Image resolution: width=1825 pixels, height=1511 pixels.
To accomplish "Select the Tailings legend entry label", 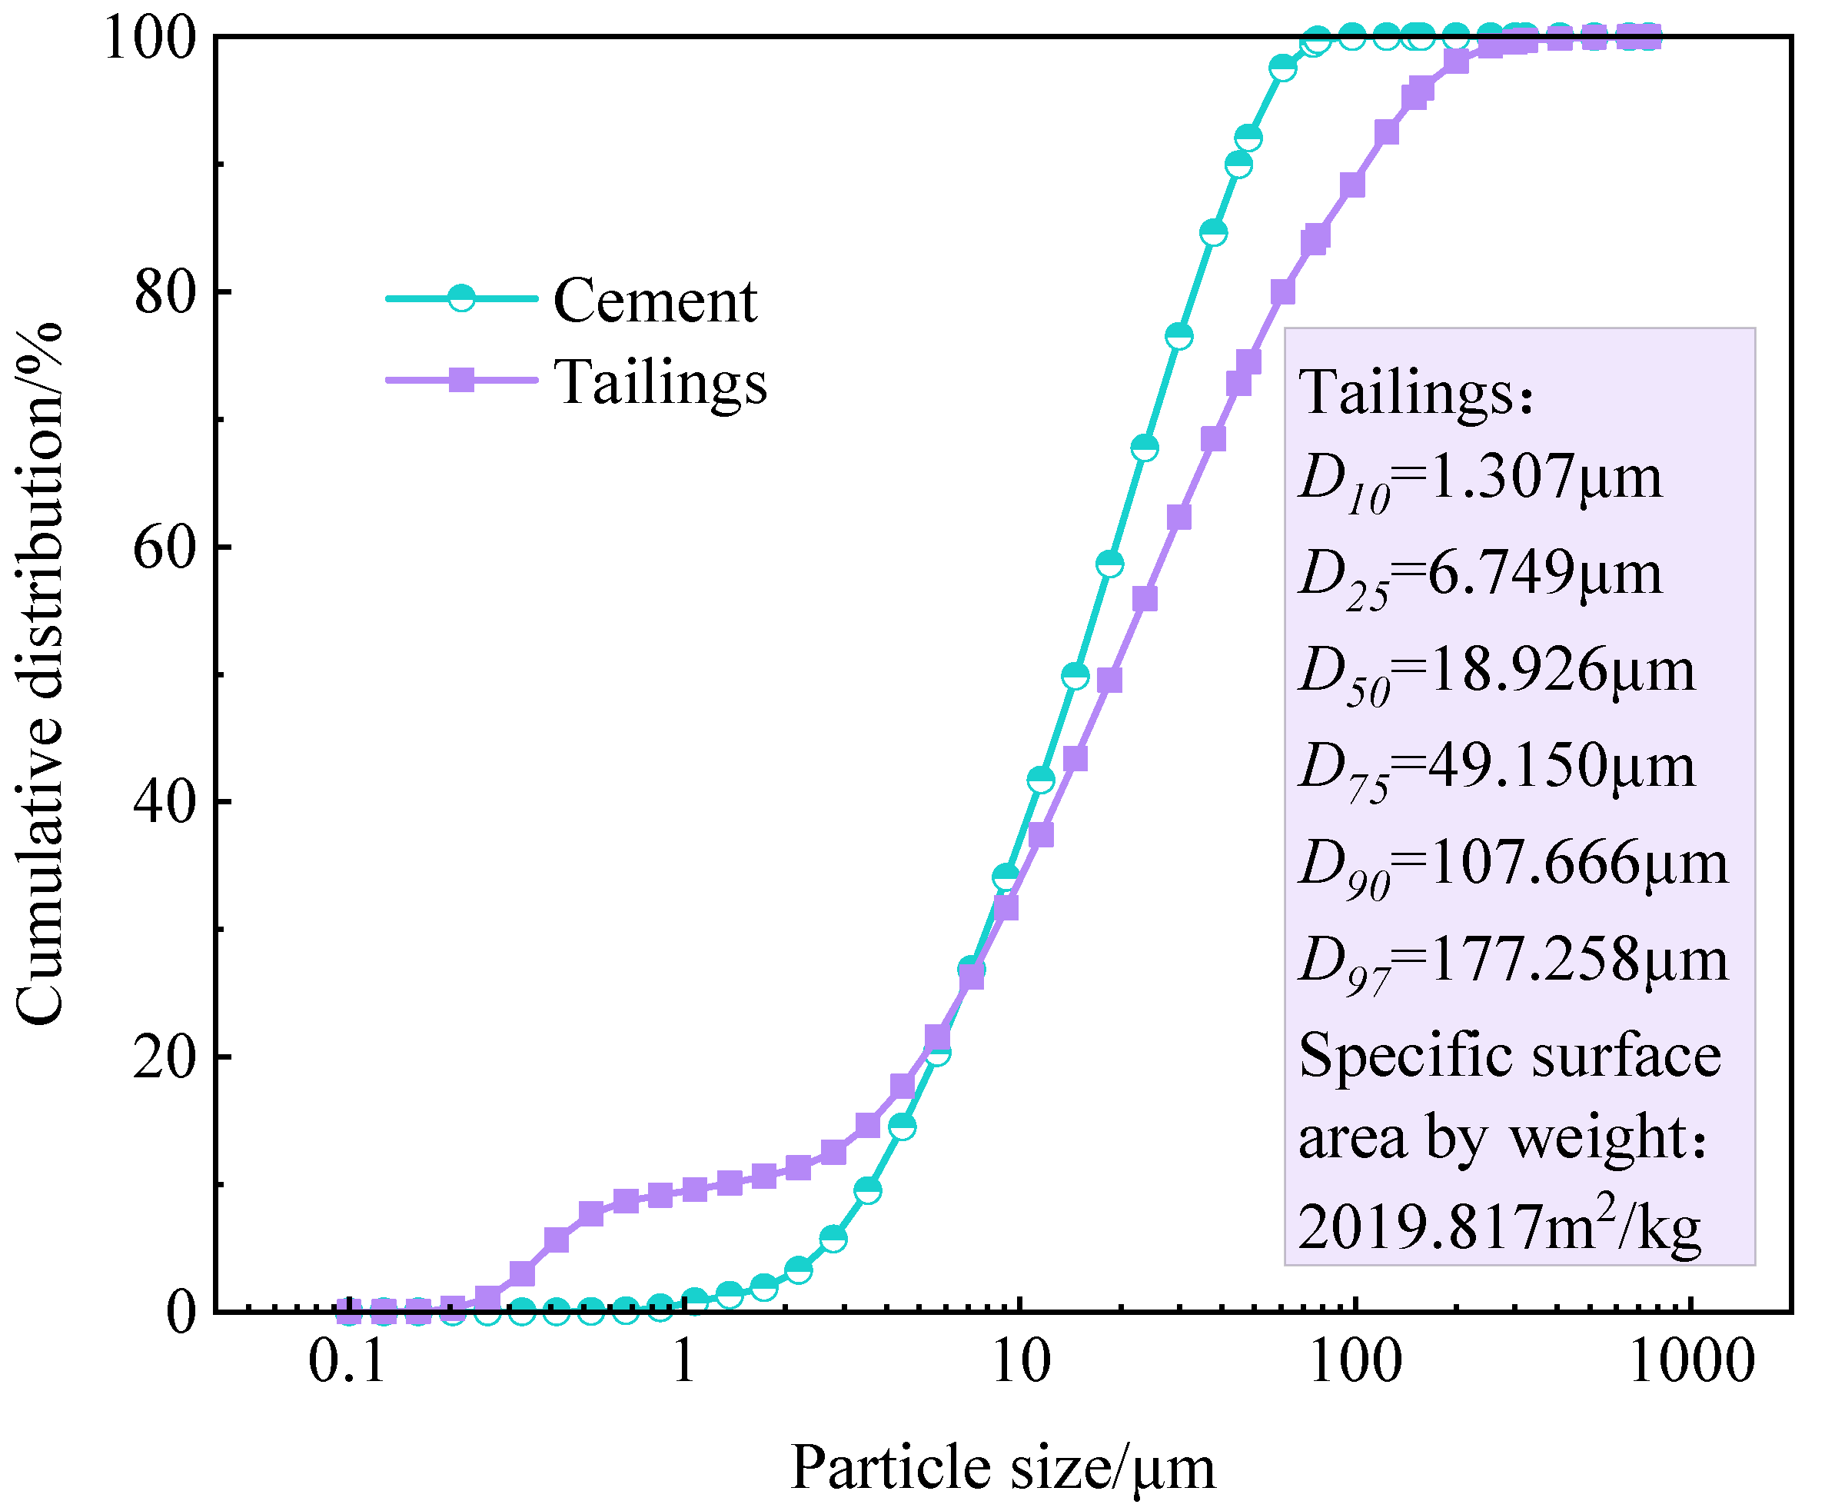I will pyautogui.click(x=660, y=381).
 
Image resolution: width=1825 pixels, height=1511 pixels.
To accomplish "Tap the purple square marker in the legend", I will pyautogui.click(x=461, y=380).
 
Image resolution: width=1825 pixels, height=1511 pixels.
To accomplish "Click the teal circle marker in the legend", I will pyautogui.click(x=461, y=298).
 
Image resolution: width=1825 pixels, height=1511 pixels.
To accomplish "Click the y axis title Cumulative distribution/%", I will pyautogui.click(x=39, y=674).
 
